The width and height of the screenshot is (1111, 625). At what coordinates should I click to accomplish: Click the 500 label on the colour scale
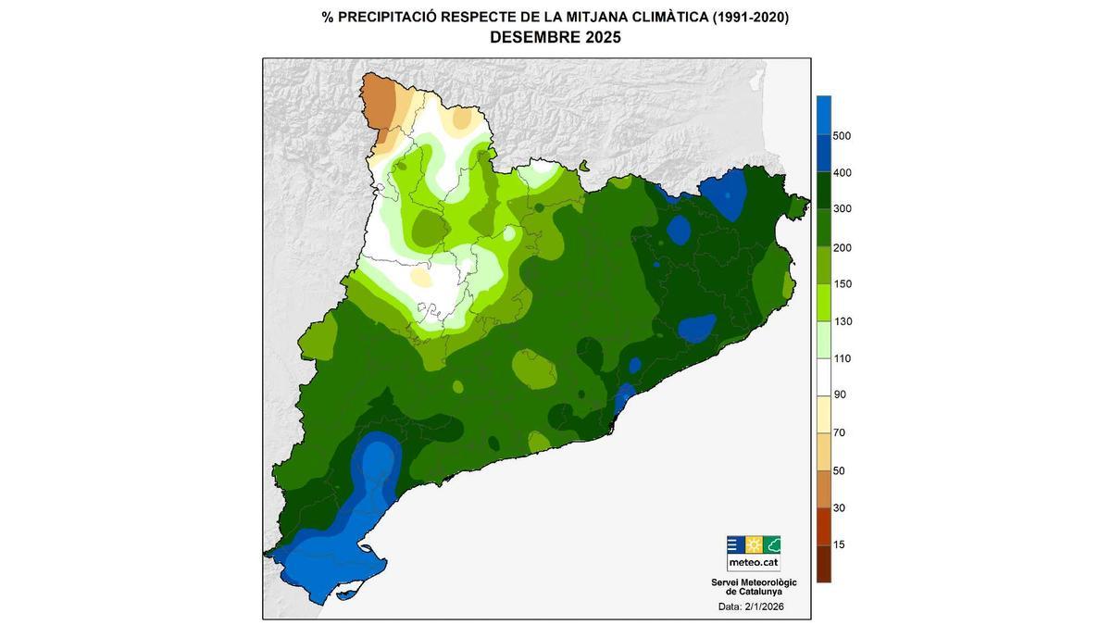pyautogui.click(x=842, y=136)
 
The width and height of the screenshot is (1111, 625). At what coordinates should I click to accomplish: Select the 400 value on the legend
pyautogui.click(x=842, y=173)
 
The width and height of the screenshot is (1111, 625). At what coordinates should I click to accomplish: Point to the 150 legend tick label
pyautogui.click(x=842, y=284)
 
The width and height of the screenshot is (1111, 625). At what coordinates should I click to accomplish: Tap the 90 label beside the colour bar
pyautogui.click(x=839, y=395)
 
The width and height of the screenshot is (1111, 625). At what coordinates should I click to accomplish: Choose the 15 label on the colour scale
pyautogui.click(x=839, y=544)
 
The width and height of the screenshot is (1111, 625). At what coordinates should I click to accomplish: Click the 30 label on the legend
pyautogui.click(x=839, y=507)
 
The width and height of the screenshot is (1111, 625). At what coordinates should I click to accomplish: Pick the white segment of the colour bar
pyautogui.click(x=823, y=377)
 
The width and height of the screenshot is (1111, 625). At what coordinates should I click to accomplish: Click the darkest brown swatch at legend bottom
pyautogui.click(x=823, y=563)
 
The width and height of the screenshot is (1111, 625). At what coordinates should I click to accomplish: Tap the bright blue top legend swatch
pyautogui.click(x=823, y=115)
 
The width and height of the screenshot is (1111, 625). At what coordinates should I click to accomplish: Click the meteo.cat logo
pyautogui.click(x=753, y=553)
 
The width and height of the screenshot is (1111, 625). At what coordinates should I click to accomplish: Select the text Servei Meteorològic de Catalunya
pyautogui.click(x=754, y=586)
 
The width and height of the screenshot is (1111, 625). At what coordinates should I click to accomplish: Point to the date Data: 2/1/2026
pyautogui.click(x=750, y=607)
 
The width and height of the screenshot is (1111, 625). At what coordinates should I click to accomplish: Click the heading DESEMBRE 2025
pyautogui.click(x=555, y=38)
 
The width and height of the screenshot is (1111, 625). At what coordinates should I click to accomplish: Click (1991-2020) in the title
pyautogui.click(x=750, y=17)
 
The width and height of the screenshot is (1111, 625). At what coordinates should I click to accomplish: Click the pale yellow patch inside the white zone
pyautogui.click(x=421, y=277)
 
